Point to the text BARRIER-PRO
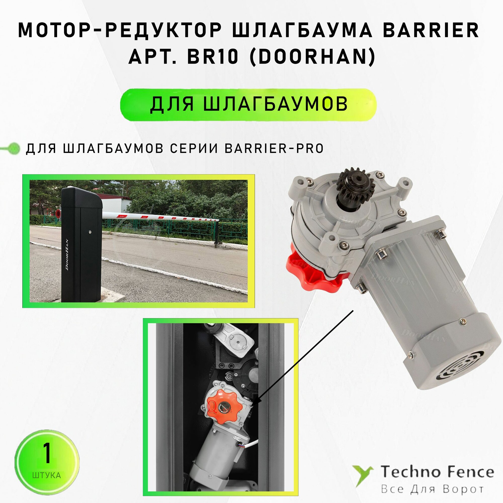(274, 149)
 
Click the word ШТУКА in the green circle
(47, 475)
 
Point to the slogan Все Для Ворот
(432, 489)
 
